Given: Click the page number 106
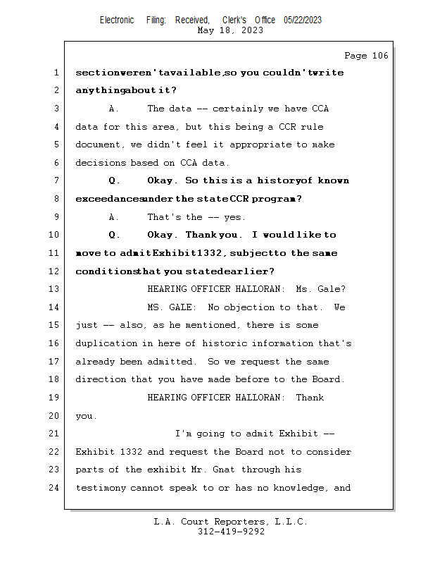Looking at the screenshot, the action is pos(380,56).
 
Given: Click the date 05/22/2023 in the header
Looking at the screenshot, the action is pos(303,20).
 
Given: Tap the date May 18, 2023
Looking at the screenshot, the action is pos(230,30).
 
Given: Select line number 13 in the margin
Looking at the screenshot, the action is pos(53,289).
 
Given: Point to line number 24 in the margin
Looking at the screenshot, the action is pos(53,488).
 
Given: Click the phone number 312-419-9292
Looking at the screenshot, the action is pos(231,532).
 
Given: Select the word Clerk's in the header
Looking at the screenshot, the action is pos(234,20).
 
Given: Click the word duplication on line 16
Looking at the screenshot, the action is pos(106,343).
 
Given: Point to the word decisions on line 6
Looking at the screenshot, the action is pos(101,163).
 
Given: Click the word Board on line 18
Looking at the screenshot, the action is pos(328,379).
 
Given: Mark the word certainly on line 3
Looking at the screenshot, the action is pos(237,109).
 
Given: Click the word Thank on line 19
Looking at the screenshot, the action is pos(310,398).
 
